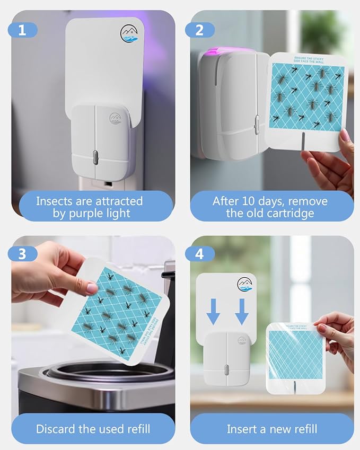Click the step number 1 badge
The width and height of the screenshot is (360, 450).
pyautogui.click(x=22, y=30)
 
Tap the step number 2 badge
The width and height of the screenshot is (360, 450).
pyautogui.click(x=199, y=30)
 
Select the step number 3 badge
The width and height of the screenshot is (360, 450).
pyautogui.click(x=22, y=253)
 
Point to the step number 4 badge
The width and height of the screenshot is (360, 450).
pyautogui.click(x=199, y=253)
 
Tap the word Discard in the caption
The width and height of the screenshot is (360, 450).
pyautogui.click(x=55, y=428)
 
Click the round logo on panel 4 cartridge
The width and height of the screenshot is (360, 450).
pyautogui.click(x=245, y=285)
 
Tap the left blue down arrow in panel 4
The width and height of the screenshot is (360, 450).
pyautogui.click(x=213, y=311)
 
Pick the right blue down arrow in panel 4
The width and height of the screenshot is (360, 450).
pyautogui.click(x=242, y=311)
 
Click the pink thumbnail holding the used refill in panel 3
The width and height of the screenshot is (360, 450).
pyautogui.click(x=92, y=287)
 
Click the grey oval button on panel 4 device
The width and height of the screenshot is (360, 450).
pyautogui.click(x=225, y=368)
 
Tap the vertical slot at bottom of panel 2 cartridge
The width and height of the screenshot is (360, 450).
pyautogui.click(x=303, y=140)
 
